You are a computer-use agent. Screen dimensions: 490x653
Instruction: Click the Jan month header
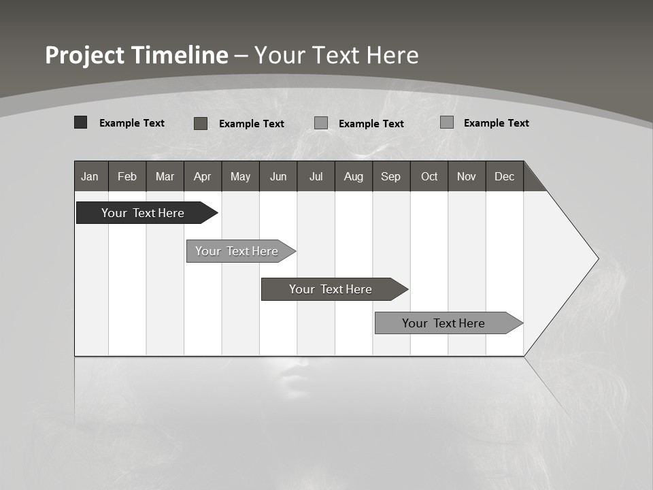coord(90,176)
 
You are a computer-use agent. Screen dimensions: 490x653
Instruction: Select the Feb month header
coord(127,176)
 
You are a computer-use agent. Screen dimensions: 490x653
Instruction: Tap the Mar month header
coord(165,176)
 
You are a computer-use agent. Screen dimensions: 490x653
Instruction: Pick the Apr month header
coord(203,176)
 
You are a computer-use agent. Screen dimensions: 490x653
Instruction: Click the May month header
coord(240,176)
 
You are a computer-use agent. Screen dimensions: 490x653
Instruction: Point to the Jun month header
coord(278,176)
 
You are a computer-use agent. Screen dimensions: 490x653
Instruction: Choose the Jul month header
coord(316,176)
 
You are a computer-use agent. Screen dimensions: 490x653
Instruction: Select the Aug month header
coord(354,176)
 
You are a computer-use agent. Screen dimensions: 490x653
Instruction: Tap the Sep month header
coord(391,176)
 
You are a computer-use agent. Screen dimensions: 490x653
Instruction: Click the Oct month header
coord(429,176)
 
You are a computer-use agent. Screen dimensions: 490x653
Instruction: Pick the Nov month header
coord(467,176)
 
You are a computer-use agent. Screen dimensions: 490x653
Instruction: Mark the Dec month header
coord(505,176)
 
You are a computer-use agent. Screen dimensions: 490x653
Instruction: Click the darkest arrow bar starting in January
coord(144,213)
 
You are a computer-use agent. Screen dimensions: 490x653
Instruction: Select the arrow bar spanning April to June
coord(237,251)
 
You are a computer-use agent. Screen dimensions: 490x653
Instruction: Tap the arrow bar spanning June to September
coord(331,289)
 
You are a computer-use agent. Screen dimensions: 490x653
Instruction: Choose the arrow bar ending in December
coord(444,323)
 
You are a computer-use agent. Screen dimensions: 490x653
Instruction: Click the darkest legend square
coord(81,122)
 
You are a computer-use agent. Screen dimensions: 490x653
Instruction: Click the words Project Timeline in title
coord(137,55)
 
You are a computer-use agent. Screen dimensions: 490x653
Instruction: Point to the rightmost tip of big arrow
coord(597,259)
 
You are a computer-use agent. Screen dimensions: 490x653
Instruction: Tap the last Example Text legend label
coord(496,123)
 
